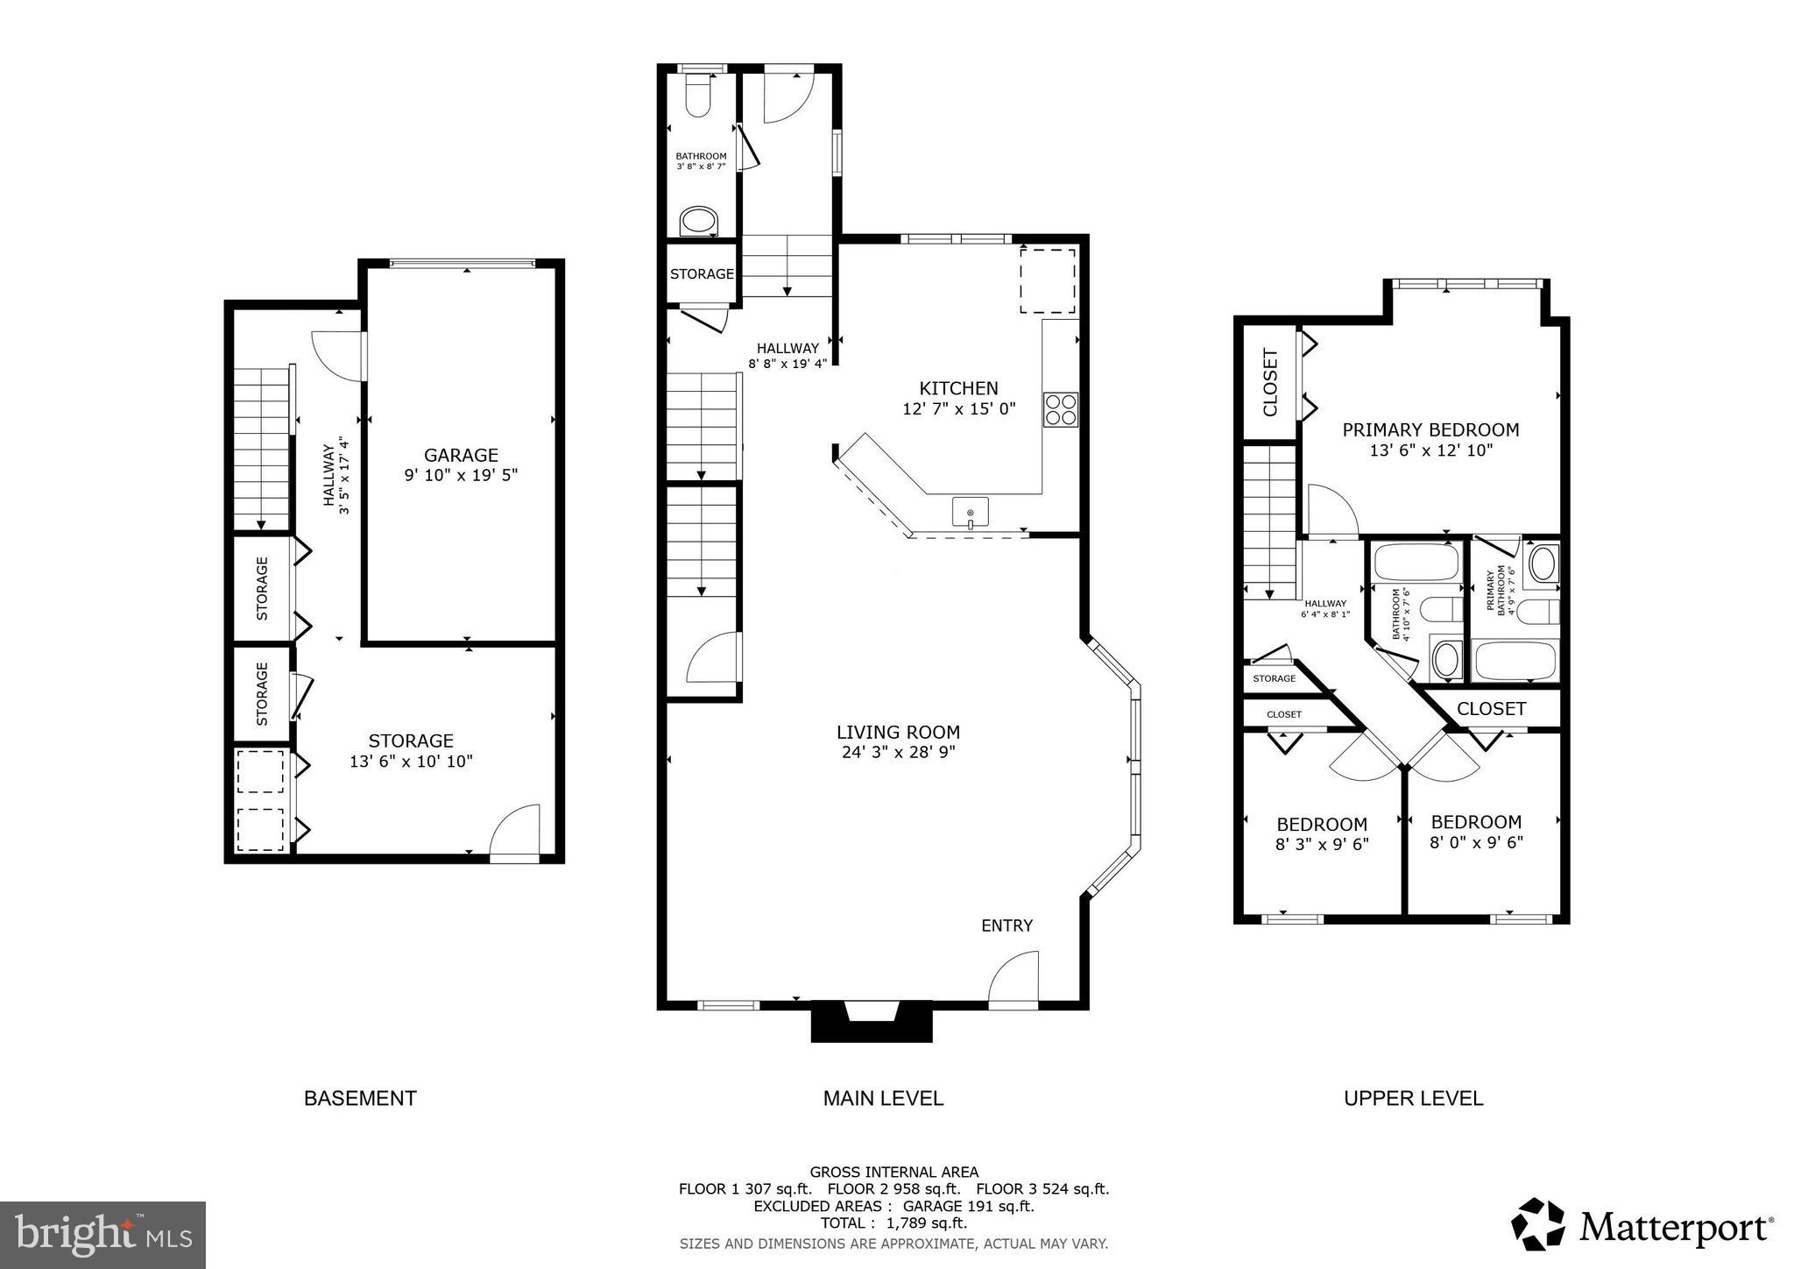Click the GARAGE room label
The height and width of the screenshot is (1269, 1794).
pyautogui.click(x=461, y=455)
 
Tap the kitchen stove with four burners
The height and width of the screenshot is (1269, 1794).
pyautogui.click(x=1060, y=410)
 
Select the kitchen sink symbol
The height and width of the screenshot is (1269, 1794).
pyautogui.click(x=970, y=512)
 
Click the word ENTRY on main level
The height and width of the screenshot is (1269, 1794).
pyautogui.click(x=1006, y=925)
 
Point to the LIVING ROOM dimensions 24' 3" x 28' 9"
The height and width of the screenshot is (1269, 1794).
pyautogui.click(x=898, y=752)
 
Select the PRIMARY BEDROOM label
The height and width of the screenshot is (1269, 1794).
pyautogui.click(x=1430, y=429)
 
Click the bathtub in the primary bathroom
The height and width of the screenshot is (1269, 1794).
pyautogui.click(x=1515, y=662)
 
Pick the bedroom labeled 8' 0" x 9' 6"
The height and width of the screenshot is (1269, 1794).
pyautogui.click(x=1476, y=833)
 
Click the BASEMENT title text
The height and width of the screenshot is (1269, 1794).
pyautogui.click(x=360, y=1098)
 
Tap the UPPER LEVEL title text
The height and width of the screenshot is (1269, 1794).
pyautogui.click(x=1413, y=1098)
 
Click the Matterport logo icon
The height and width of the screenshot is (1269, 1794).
pyautogui.click(x=1538, y=1224)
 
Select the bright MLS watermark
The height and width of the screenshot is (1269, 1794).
pyautogui.click(x=103, y=1235)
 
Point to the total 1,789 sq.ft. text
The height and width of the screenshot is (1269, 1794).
pyautogui.click(x=893, y=1223)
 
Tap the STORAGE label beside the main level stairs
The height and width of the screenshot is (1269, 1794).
pyautogui.click(x=702, y=274)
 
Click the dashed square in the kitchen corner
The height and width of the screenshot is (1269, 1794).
pyautogui.click(x=1048, y=280)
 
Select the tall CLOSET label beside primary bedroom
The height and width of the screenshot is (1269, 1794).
pyautogui.click(x=1270, y=382)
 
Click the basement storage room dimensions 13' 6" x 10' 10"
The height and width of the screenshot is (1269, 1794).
pyautogui.click(x=411, y=762)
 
